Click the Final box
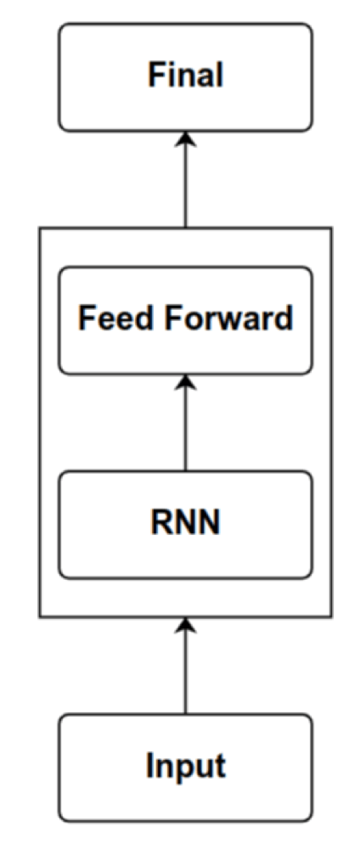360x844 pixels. [x=185, y=77]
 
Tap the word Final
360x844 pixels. [x=185, y=76]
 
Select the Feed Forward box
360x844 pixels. [x=185, y=320]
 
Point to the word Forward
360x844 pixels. [x=229, y=318]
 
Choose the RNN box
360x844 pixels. [x=185, y=525]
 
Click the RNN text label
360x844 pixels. [x=185, y=523]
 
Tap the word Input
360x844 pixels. [x=186, y=767]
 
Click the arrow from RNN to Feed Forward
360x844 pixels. [x=185, y=423]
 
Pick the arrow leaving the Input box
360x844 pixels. [x=185, y=666]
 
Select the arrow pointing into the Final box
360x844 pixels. [x=185, y=180]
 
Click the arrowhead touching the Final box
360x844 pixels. [x=185, y=139]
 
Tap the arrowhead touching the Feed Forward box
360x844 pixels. [x=185, y=381]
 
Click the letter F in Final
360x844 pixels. [x=156, y=76]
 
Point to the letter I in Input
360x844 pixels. [x=149, y=764]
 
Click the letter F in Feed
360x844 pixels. [x=87, y=318]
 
